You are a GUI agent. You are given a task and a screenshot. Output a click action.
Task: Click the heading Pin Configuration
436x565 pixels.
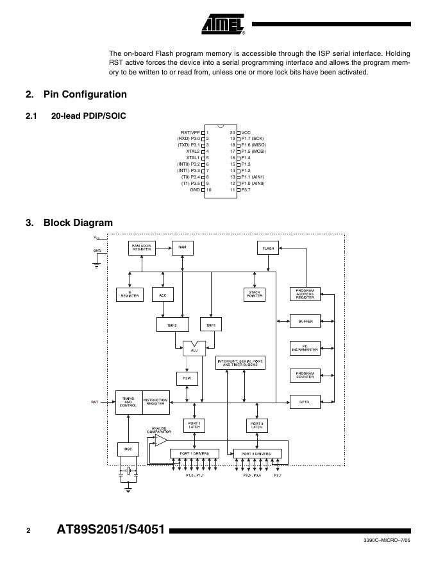click(x=85, y=94)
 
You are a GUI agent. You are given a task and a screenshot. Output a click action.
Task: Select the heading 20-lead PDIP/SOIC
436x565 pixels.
click(x=88, y=116)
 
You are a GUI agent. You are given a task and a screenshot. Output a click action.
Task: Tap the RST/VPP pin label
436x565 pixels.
click(x=190, y=132)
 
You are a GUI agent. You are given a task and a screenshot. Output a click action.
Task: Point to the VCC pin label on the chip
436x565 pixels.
click(x=246, y=132)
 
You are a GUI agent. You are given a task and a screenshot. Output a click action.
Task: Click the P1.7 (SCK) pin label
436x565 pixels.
click(x=253, y=139)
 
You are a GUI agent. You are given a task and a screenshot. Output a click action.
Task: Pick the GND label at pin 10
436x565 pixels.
click(x=195, y=190)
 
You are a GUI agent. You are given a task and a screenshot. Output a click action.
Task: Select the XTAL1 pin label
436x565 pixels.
click(x=193, y=158)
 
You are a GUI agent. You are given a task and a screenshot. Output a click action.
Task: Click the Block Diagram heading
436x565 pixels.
click(x=78, y=223)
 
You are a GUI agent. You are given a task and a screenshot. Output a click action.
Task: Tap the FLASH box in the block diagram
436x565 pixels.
click(x=268, y=247)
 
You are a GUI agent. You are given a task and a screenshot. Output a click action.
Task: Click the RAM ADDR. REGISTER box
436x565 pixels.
click(x=142, y=247)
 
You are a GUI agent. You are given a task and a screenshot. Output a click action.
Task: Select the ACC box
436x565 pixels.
click(x=163, y=295)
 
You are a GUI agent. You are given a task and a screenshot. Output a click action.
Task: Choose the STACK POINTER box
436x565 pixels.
click(x=255, y=295)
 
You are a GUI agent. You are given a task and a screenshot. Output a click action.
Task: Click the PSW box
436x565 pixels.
click(x=187, y=379)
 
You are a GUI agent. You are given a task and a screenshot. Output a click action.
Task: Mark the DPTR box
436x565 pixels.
click(x=305, y=402)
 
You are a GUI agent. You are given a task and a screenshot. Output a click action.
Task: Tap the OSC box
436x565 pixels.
click(x=128, y=449)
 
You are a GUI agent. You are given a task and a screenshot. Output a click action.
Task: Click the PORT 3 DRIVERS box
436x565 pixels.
click(x=256, y=453)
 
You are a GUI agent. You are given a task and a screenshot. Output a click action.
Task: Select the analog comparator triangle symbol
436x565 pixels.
click(x=161, y=440)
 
